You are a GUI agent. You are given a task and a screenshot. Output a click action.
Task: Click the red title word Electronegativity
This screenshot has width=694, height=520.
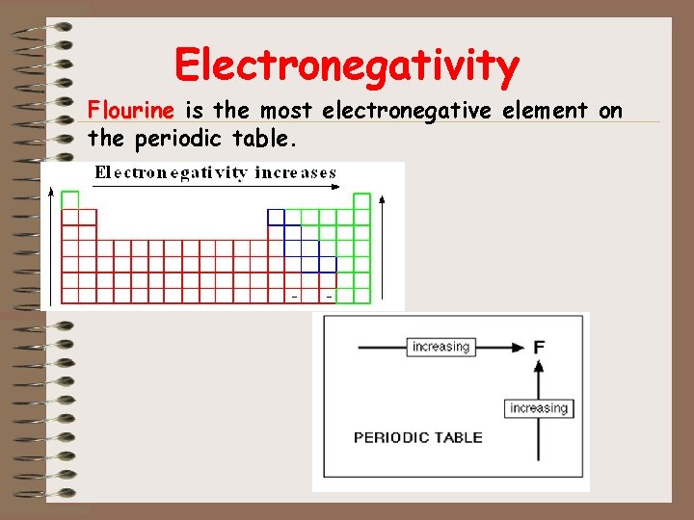(347, 65)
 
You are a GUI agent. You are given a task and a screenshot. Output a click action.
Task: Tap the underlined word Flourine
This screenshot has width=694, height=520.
(130, 111)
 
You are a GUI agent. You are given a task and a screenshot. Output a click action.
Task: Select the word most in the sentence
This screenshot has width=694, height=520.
(289, 111)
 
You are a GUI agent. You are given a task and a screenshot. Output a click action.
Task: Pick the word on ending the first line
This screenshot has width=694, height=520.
(611, 111)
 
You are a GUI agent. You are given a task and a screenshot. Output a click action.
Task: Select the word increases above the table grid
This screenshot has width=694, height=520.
(295, 173)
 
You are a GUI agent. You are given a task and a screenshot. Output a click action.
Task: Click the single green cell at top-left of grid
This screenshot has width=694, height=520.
(69, 199)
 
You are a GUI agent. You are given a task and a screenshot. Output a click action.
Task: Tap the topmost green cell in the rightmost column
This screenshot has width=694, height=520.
(361, 200)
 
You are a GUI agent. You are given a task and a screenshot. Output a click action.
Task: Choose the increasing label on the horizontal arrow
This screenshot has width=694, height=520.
(440, 347)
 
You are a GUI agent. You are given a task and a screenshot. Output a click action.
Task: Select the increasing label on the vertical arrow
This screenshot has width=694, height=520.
(539, 408)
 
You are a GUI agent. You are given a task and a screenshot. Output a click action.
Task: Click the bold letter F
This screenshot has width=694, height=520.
(539, 347)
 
